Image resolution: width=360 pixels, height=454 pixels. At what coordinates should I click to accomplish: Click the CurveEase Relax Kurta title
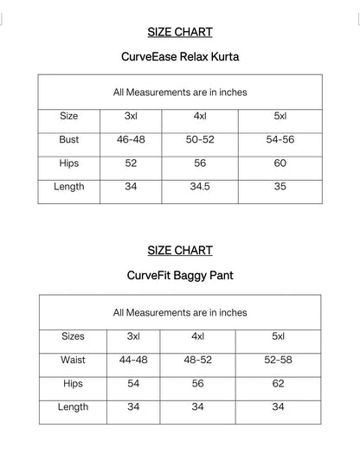point(180,58)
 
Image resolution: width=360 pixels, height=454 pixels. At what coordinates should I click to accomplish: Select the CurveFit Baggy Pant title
point(180,277)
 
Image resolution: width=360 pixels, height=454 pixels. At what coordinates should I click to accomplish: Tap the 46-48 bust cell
point(130,139)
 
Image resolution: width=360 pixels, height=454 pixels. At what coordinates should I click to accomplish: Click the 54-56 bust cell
point(280,139)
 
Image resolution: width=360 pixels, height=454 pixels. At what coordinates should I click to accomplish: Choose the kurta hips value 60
point(280,163)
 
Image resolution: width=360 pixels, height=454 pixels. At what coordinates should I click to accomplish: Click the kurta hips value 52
point(130,163)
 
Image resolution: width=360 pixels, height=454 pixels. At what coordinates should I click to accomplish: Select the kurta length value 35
point(280,187)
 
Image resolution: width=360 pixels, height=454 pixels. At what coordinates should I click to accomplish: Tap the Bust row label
point(69,139)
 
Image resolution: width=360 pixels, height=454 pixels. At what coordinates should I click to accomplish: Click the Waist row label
point(73,360)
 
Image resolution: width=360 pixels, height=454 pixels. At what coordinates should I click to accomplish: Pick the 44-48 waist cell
point(132,360)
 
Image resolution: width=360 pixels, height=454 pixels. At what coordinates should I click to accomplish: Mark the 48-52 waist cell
point(198,360)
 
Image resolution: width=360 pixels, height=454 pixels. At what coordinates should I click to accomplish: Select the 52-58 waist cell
point(278,360)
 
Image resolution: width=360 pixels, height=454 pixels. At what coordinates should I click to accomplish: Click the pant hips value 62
point(278,383)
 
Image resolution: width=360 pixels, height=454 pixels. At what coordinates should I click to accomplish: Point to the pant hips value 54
point(132,383)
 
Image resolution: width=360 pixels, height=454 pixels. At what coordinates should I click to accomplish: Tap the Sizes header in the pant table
point(73,336)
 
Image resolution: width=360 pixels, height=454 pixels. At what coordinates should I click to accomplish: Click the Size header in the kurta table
point(69,115)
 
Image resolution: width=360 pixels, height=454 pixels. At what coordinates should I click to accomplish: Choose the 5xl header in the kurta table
point(280,115)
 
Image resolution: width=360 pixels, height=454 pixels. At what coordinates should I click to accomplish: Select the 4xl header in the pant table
point(198,336)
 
